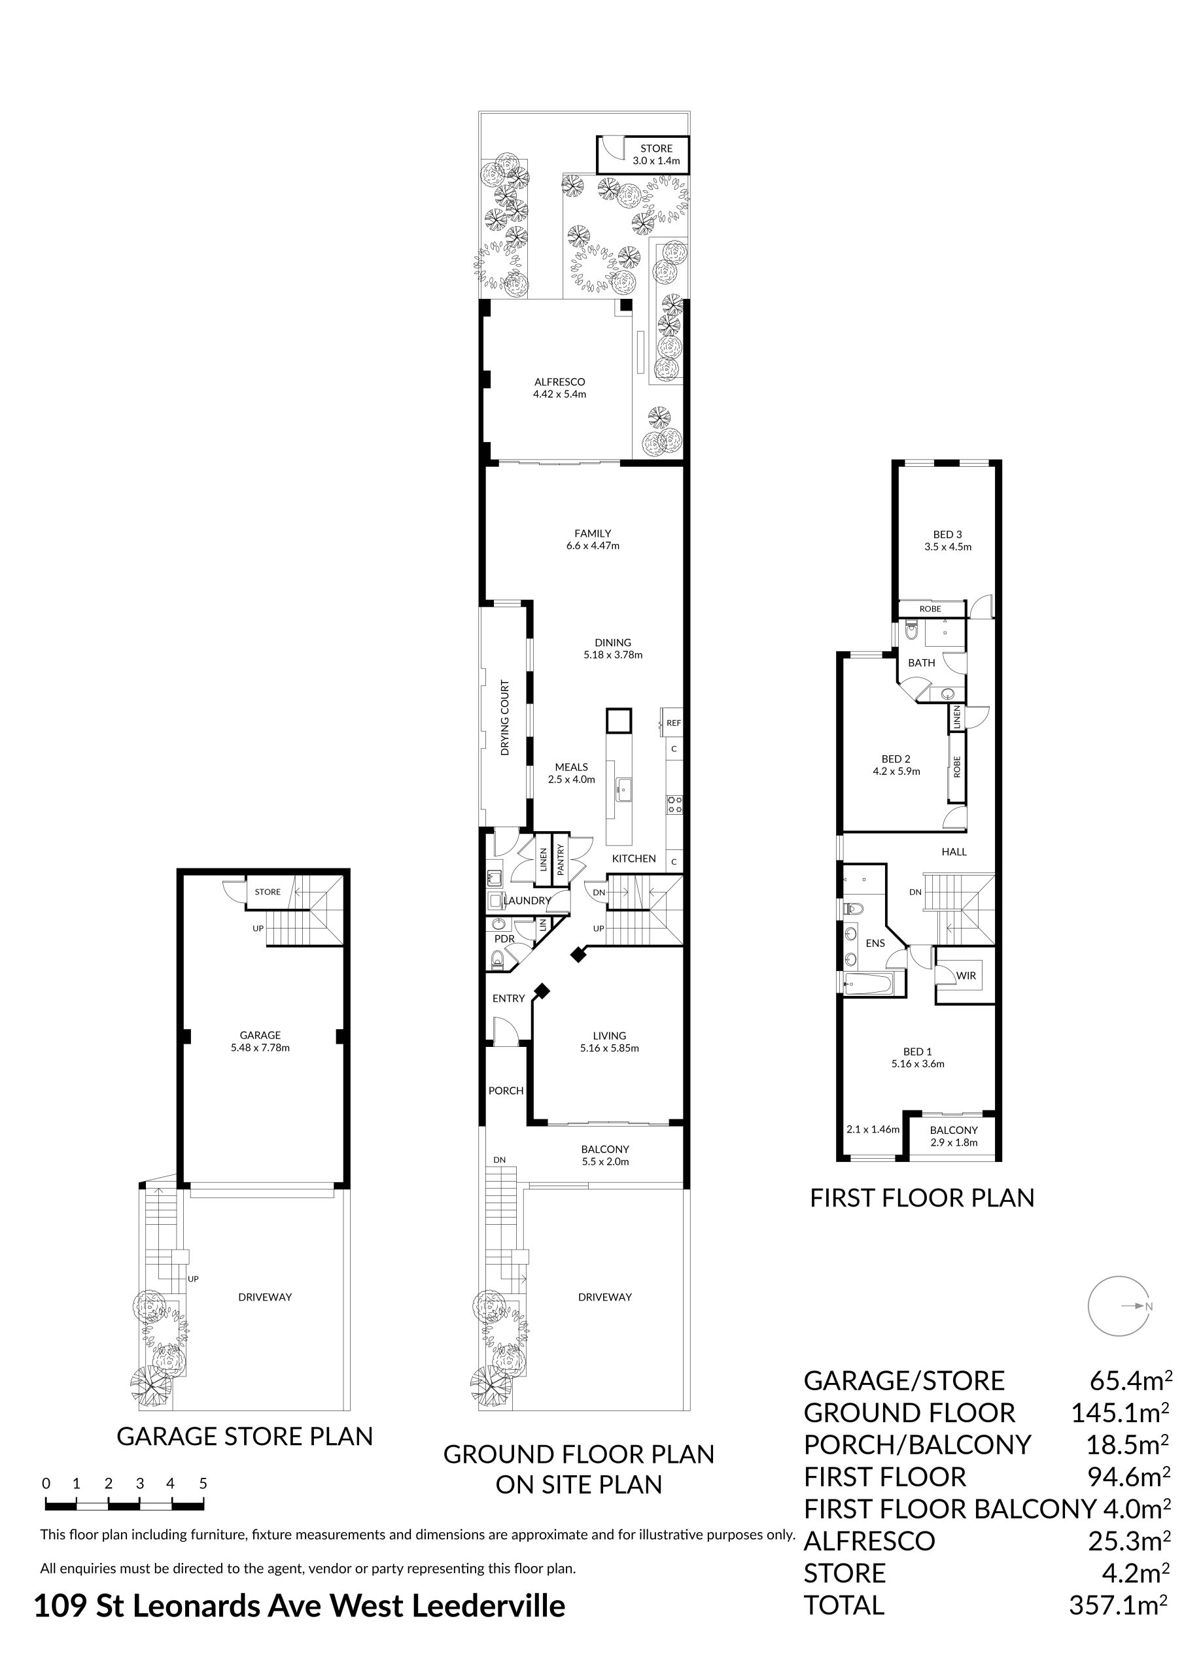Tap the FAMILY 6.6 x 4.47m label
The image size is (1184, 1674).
(x=593, y=539)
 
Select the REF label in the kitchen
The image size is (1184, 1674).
(x=673, y=723)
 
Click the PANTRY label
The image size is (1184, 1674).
(x=560, y=860)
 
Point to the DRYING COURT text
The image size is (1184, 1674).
(x=505, y=717)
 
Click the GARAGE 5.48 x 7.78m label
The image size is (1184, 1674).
(x=260, y=1041)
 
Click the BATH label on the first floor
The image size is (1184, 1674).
(x=922, y=663)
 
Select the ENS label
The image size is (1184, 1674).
(x=875, y=943)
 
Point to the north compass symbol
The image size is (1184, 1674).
(x=1119, y=1306)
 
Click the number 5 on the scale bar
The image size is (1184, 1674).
(x=203, y=1483)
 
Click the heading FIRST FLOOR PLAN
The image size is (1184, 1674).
(x=922, y=1198)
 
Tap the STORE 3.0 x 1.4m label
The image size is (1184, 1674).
(x=656, y=154)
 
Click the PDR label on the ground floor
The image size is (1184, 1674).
(x=504, y=939)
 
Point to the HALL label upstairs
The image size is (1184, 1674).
(x=954, y=851)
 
